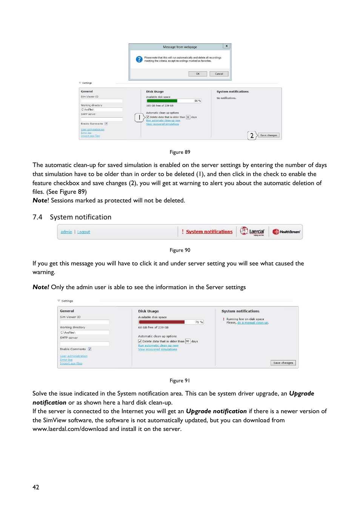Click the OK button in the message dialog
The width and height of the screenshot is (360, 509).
(x=197, y=74)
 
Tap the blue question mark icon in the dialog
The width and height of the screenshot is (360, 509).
(x=139, y=59)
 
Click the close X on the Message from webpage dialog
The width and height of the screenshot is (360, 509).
(x=226, y=46)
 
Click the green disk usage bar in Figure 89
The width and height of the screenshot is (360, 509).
(x=162, y=101)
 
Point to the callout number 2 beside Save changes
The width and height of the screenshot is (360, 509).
(x=252, y=136)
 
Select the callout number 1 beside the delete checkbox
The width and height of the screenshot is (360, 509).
(x=139, y=118)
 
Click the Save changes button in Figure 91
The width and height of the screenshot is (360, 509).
(x=283, y=363)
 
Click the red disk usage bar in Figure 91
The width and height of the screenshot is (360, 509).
(x=162, y=322)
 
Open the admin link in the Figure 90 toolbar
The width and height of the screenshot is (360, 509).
(x=66, y=232)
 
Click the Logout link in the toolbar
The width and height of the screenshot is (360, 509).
(x=84, y=232)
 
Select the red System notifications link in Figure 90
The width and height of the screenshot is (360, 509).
(x=209, y=232)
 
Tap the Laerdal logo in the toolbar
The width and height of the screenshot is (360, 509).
(x=252, y=232)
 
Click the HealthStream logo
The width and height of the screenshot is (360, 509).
(x=286, y=232)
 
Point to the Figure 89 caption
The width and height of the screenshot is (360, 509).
(x=180, y=152)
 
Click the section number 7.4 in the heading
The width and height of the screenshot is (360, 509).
(x=37, y=217)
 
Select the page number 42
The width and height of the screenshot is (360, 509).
(x=36, y=487)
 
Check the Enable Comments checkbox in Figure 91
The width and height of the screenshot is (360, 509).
(x=90, y=349)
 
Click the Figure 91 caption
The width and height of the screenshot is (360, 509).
(x=180, y=381)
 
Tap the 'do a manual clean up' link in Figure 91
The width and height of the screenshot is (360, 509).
(x=253, y=323)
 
